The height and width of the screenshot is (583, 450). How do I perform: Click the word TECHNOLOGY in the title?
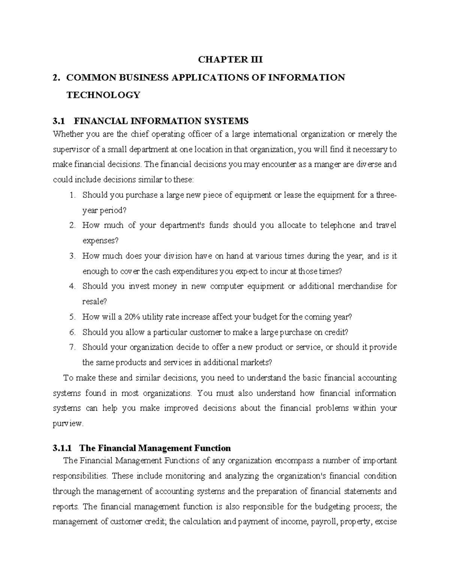(103, 95)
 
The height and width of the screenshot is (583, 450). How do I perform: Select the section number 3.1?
(59, 121)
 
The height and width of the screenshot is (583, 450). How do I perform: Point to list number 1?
(73, 195)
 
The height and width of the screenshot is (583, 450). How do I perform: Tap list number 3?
(73, 256)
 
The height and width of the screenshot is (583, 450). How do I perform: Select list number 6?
(73, 332)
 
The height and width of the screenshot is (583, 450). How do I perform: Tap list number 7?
(73, 347)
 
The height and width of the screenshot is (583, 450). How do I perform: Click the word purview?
(67, 424)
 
